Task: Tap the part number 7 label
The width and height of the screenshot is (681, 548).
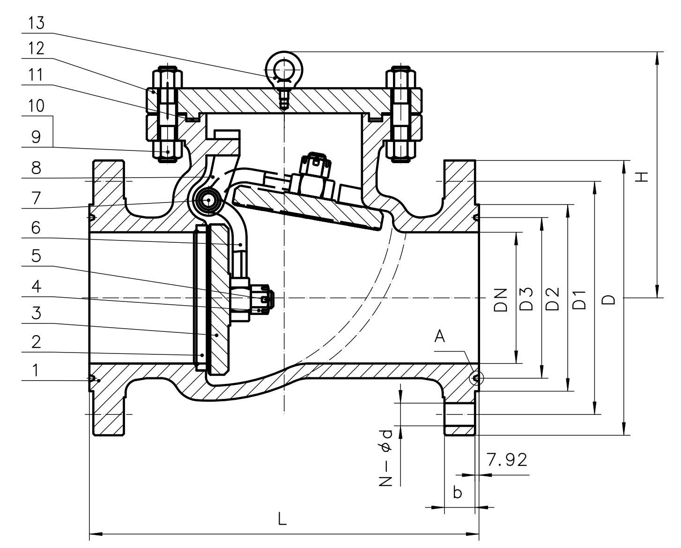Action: (x=36, y=198)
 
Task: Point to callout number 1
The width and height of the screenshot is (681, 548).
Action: (x=35, y=370)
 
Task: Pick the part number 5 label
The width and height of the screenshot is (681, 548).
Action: (x=36, y=256)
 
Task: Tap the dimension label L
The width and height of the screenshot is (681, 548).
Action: (x=282, y=519)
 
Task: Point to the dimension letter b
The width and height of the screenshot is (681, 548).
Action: (x=458, y=493)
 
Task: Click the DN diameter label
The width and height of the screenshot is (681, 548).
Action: (x=500, y=300)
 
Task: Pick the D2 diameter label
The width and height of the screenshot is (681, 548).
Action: (x=553, y=299)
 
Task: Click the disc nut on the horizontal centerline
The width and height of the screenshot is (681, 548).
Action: (x=266, y=298)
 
